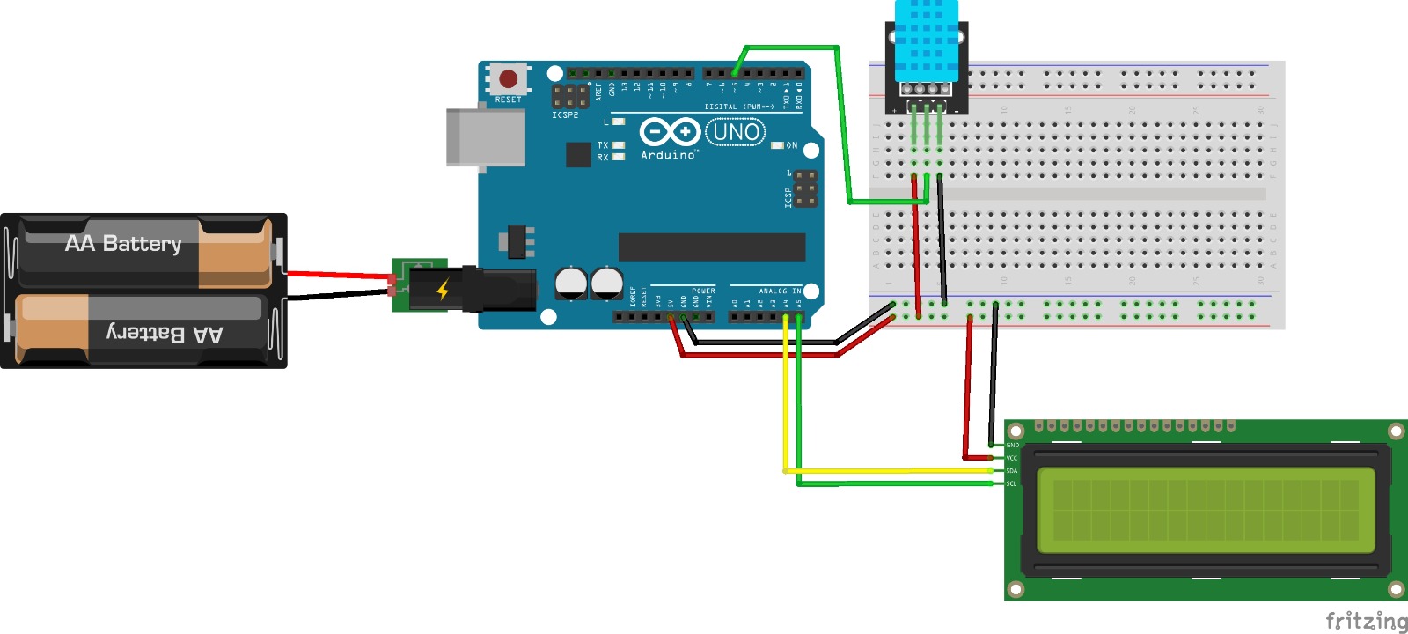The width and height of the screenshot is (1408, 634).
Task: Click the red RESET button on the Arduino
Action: tap(508, 79)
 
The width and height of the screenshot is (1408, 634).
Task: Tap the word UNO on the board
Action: tap(736, 132)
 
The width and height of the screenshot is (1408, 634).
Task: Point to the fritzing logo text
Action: tap(1366, 621)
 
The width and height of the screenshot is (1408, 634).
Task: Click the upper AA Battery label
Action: tap(123, 243)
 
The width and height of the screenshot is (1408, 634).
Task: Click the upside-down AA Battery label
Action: tap(165, 333)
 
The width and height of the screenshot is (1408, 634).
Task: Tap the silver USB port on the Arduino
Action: tap(484, 136)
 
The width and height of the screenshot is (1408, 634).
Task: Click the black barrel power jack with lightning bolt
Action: tap(475, 289)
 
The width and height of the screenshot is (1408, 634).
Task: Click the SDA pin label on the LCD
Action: tap(1012, 471)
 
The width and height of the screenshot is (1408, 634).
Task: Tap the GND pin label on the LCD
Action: tap(1013, 446)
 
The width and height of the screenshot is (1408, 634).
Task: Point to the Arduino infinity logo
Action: tap(670, 132)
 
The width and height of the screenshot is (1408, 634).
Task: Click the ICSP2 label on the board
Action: tap(565, 115)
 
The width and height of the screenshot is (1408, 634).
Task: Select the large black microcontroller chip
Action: tap(711, 247)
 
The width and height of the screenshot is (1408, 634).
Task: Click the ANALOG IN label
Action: tap(780, 291)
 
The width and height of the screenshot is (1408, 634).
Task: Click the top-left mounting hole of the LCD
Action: tap(1016, 431)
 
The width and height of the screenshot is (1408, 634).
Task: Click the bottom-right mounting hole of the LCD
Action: tap(1396, 589)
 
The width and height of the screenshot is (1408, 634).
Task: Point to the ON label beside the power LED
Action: tap(792, 145)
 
